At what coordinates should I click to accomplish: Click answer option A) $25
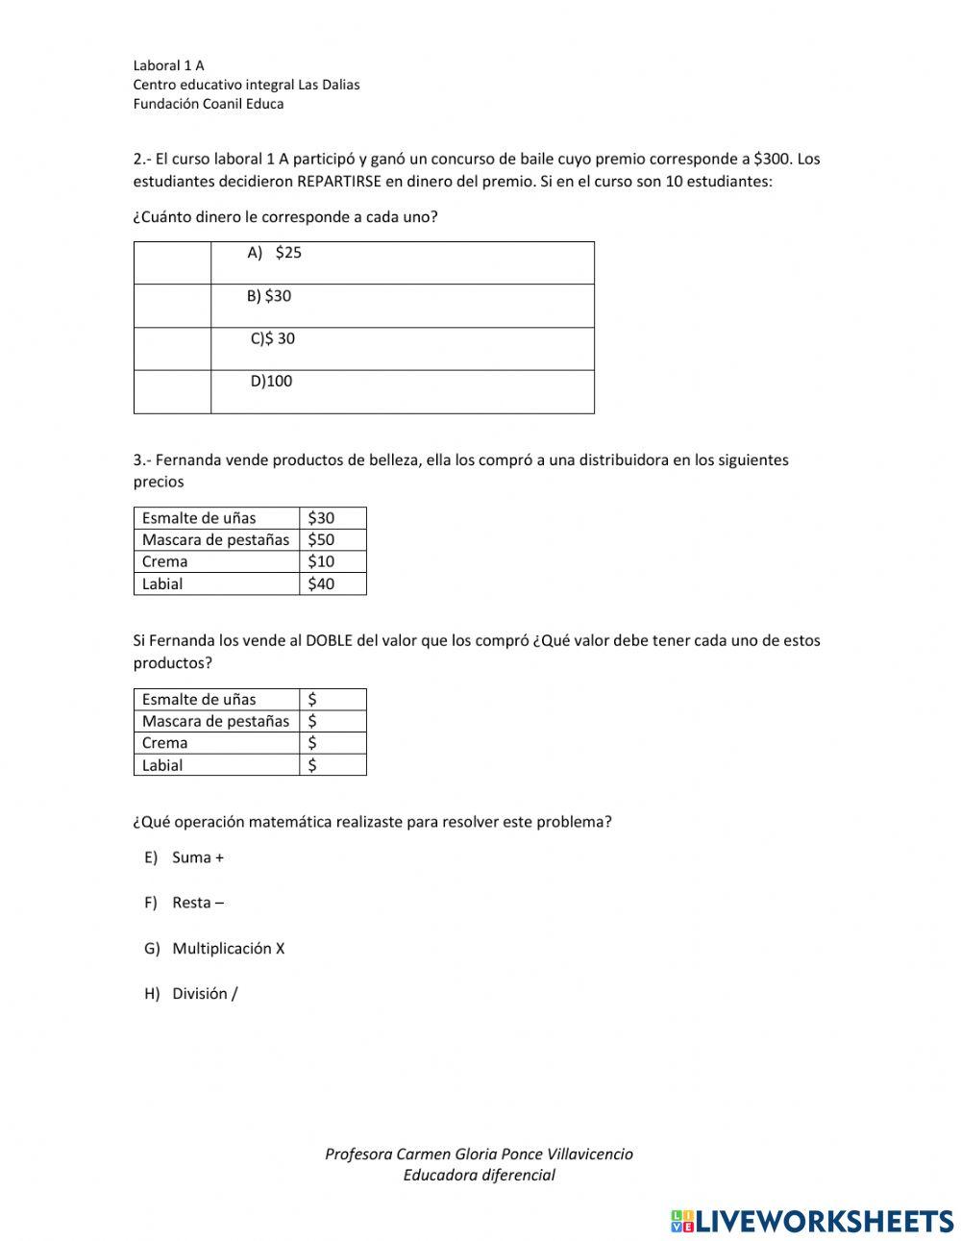coord(275,253)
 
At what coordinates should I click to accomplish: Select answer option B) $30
coord(269,296)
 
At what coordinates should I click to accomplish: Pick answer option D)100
coord(271,382)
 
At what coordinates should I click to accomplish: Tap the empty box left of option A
coord(172,262)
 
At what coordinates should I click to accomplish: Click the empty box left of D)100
coord(172,391)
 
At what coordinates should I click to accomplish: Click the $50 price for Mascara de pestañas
coord(322,539)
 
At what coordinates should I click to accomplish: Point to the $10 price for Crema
coord(322,561)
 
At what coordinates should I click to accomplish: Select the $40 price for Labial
coord(322,583)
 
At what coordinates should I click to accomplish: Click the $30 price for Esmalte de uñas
coord(322,518)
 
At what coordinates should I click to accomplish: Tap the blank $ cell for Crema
coord(333,743)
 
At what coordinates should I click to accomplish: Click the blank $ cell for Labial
coord(333,765)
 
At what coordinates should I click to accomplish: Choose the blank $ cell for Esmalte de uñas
coord(333,700)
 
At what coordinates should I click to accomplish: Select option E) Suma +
coord(185,857)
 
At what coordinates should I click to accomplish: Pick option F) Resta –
coord(185,903)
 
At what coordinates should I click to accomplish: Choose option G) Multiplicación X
coord(215,949)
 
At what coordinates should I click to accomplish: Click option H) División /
coord(191,994)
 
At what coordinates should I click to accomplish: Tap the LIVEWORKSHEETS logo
coord(812,1221)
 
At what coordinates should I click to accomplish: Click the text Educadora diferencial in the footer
coord(479,1175)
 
